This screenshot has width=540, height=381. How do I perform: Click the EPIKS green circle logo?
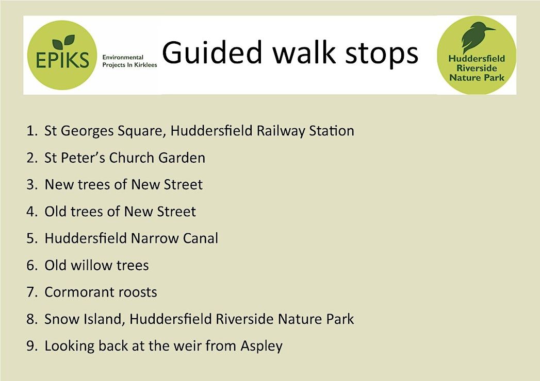coord(62,55)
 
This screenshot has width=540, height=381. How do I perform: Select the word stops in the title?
coord(382,55)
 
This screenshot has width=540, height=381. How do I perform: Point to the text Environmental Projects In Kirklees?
coord(129,61)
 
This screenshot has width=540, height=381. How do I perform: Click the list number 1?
coord(30,131)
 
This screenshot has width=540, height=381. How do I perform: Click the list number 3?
coord(31,185)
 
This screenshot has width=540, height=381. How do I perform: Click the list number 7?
coord(31,292)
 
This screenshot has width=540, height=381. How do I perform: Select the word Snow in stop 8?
coord(62,319)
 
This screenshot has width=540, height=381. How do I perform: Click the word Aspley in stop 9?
coord(261,347)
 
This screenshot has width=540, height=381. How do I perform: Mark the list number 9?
coord(31,346)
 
